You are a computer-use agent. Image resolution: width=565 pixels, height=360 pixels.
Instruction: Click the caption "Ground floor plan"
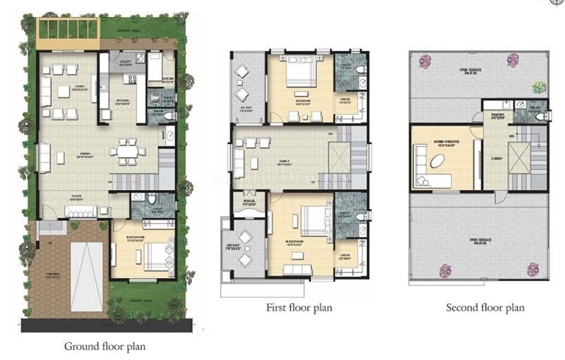pos(105,347)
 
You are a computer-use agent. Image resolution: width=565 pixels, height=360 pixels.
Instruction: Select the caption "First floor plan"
pos(299,307)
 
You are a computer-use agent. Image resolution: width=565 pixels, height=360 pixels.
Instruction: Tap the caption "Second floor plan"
pos(485,307)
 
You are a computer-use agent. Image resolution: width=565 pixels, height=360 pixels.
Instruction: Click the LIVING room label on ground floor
pos(79,88)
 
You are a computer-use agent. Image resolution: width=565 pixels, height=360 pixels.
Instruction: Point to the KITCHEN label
pos(122,101)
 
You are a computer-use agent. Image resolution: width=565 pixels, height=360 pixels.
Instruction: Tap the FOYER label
pos(76,198)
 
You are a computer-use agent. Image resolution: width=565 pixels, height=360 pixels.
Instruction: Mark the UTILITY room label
pos(126,63)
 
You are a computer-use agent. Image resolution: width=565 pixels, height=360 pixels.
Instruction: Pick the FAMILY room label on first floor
pos(283,163)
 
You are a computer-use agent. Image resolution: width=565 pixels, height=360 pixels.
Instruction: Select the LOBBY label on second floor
pos(496,158)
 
